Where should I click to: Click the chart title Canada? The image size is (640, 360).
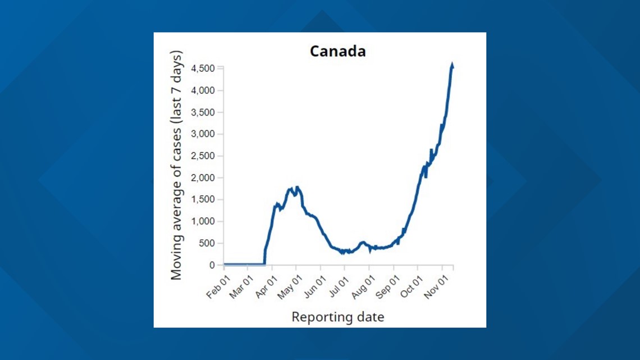(x=337, y=52)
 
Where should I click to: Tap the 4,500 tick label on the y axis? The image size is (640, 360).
(x=203, y=69)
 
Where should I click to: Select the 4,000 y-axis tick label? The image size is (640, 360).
(x=203, y=90)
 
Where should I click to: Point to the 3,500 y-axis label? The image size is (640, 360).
(x=203, y=112)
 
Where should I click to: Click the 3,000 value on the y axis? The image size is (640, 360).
(x=203, y=134)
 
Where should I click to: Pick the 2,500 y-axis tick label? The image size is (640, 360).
(x=203, y=156)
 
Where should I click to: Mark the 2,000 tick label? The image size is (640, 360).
(x=203, y=178)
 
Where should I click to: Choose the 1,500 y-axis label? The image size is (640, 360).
(x=203, y=200)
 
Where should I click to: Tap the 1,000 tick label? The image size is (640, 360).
(x=203, y=222)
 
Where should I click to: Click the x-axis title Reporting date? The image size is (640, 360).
(x=337, y=317)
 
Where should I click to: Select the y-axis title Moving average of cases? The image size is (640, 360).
(x=177, y=165)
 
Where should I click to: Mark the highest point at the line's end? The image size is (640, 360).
(x=452, y=66)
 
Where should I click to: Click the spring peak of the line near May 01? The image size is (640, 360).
(x=297, y=188)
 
